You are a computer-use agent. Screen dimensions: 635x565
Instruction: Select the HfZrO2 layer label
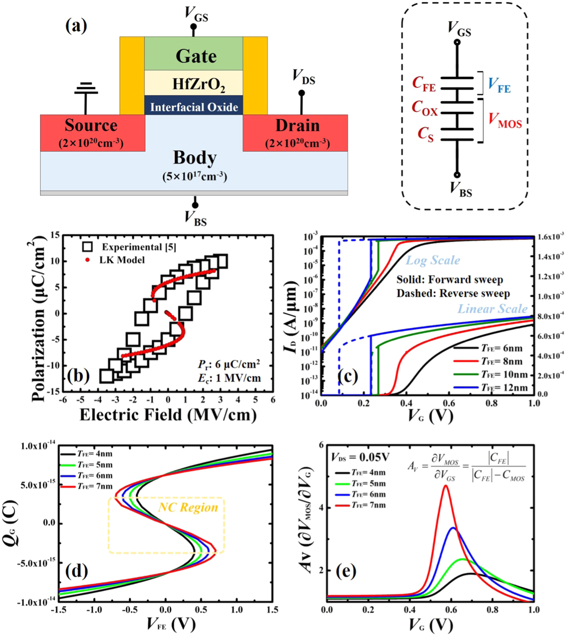coord(198,85)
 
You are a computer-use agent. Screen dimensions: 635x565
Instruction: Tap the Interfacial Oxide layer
coord(194,107)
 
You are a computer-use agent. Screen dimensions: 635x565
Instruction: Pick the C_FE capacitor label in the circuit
coord(424,84)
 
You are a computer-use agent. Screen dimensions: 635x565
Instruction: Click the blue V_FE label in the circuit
coord(499,85)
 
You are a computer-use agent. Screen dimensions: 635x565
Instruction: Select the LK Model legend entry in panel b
coord(122,260)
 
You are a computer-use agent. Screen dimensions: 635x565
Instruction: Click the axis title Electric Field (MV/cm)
coord(168,415)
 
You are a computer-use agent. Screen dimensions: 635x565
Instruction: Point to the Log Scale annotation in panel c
coord(433,260)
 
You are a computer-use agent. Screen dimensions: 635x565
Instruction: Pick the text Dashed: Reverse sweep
coord(453,293)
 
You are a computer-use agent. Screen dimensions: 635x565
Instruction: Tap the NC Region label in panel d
coord(188,507)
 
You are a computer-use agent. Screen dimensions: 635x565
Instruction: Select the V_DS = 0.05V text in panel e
coord(360,457)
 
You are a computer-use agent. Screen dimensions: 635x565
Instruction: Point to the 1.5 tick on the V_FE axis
coord(272,610)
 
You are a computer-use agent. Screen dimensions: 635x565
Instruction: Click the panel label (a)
coord(76,26)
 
